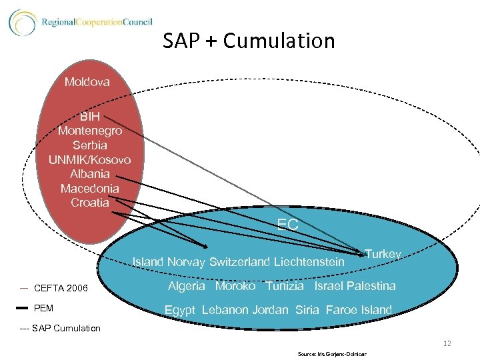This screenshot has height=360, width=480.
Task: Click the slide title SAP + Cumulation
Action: tap(249, 41)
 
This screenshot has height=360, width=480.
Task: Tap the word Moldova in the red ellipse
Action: tap(87, 82)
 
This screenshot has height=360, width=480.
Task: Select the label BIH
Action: tap(89, 117)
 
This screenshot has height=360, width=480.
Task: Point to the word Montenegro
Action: tap(90, 131)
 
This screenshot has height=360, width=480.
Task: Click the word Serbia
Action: tap(90, 145)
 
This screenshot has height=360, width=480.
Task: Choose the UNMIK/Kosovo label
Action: tap(90, 159)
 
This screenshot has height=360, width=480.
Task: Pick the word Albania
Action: tap(90, 173)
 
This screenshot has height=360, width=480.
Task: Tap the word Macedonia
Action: tap(90, 188)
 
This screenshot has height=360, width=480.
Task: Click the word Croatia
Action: tap(90, 202)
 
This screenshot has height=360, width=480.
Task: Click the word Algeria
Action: tap(186, 286)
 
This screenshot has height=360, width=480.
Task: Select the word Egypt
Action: tap(179, 310)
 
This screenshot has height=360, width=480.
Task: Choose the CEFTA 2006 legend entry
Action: tap(60, 288)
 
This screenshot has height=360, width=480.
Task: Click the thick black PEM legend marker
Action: tap(22, 308)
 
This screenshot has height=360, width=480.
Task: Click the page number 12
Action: tap(447, 343)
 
